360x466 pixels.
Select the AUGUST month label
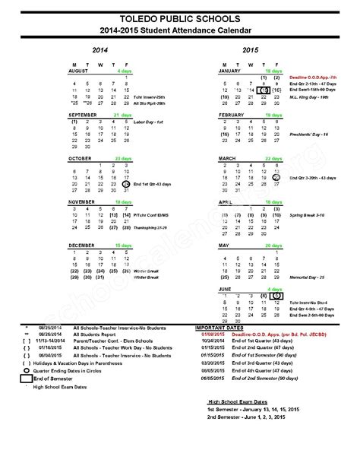click(x=78, y=70)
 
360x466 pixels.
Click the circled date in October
click(x=125, y=184)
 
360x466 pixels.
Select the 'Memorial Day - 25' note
click(x=307, y=277)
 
